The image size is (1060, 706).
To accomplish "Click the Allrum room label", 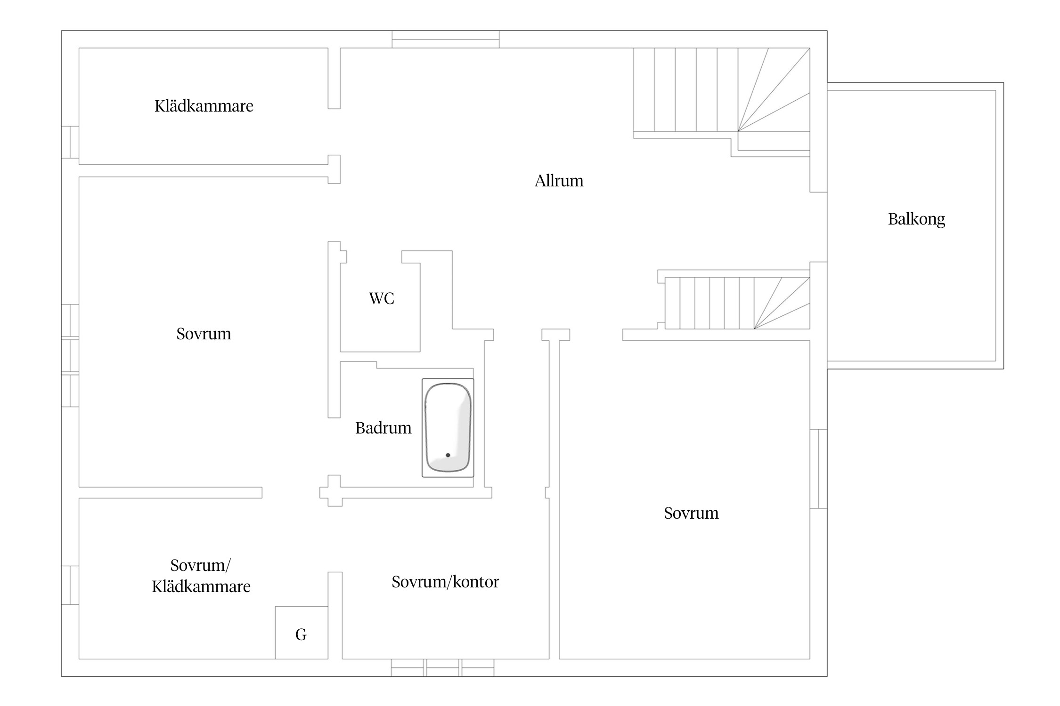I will (559, 181).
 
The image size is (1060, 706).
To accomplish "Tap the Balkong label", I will (916, 219).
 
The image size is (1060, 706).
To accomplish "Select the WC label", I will (381, 298).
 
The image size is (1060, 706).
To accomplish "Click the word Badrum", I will (383, 428).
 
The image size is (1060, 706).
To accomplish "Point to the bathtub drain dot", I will (448, 455).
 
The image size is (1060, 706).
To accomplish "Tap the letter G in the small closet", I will (301, 635).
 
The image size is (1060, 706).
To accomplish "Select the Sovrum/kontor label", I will (445, 582).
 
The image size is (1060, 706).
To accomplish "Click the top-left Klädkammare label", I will (204, 106).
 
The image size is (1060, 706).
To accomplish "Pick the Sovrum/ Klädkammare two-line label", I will (201, 576).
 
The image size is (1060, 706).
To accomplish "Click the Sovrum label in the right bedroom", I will (691, 513).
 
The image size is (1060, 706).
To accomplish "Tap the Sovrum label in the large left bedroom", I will (204, 334).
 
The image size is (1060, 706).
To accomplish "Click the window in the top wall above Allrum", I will (445, 39).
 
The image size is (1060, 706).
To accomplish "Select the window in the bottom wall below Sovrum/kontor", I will (442, 668).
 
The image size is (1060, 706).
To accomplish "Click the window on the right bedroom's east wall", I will (818, 469).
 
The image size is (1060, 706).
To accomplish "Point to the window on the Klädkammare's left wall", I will (70, 142).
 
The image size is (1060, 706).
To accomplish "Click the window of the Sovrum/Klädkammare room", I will (70, 585).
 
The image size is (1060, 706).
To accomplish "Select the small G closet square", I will (302, 633).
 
